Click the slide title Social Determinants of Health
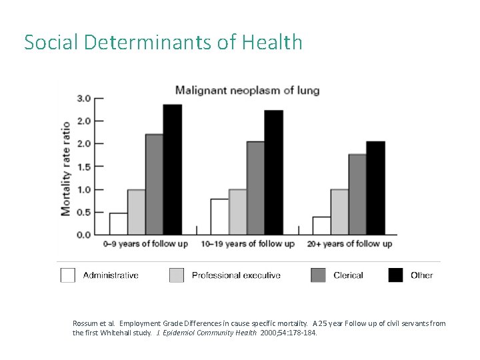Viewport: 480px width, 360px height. point(163,43)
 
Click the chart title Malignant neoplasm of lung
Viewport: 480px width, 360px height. point(247,90)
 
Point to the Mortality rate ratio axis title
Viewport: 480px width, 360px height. point(66,168)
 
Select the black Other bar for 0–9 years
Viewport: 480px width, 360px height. point(172,170)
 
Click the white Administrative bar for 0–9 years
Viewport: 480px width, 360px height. point(119,224)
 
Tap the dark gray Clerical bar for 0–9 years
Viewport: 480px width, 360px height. point(154,185)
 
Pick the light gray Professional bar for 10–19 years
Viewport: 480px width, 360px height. point(237,212)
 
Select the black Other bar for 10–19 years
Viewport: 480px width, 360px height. point(273,173)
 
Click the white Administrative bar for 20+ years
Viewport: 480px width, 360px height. point(321,226)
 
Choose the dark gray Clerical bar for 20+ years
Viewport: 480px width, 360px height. point(357,195)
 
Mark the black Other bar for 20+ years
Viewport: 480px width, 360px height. point(375,188)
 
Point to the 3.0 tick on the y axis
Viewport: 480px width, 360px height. point(85,98)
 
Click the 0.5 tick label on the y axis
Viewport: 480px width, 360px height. point(85,212)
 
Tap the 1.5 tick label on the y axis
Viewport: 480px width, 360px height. point(85,167)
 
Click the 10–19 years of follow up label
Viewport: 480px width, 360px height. point(247,244)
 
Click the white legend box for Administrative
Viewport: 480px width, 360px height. point(68,275)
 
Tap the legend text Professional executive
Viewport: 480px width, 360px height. point(236,275)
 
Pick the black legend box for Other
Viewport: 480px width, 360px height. point(396,275)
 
